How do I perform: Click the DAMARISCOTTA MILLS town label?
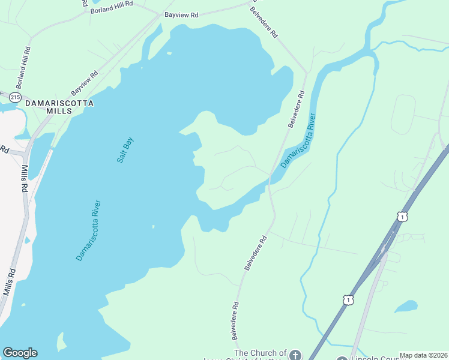coord(59,107)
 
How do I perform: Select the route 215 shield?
coord(15,97)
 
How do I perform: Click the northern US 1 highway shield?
coord(402,215)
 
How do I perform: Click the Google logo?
coord(20,353)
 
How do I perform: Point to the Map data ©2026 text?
coord(423,355)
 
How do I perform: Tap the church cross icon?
coord(294,355)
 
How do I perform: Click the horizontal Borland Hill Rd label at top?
coord(112,10)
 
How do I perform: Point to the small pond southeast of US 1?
coord(406,307)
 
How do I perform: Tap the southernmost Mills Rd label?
coord(8,281)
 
